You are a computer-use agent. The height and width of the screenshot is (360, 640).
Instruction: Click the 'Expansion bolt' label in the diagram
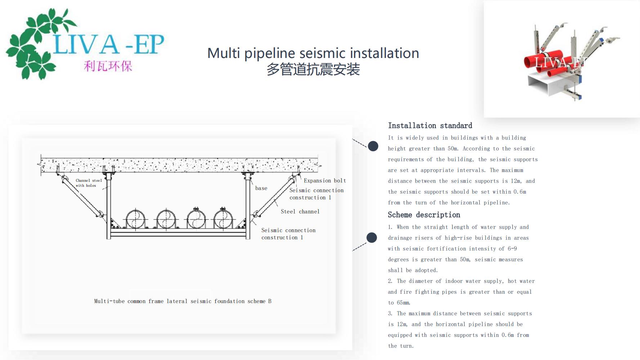point(325,181)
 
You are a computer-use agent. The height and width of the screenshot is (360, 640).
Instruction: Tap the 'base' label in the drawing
point(261,188)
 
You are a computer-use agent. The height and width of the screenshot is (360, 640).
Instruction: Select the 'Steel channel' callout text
point(300,212)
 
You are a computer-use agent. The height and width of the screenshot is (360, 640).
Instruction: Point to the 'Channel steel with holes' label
point(89,183)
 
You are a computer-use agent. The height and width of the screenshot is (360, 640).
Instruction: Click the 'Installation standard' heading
point(430,126)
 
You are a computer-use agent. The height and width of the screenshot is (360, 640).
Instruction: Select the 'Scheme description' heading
point(424,215)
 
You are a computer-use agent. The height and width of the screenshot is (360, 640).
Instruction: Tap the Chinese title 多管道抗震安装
point(313,69)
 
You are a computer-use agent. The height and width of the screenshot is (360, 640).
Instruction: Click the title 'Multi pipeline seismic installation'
point(313,53)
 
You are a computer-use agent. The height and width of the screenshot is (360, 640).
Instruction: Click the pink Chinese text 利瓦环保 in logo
point(108,66)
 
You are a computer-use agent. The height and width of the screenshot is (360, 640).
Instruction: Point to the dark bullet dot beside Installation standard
point(373,146)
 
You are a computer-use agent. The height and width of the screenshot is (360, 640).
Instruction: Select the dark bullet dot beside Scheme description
point(372,238)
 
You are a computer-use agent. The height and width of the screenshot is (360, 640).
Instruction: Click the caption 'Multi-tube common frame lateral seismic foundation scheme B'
point(183,301)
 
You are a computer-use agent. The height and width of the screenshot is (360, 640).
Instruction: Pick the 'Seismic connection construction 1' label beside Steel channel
point(316,194)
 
